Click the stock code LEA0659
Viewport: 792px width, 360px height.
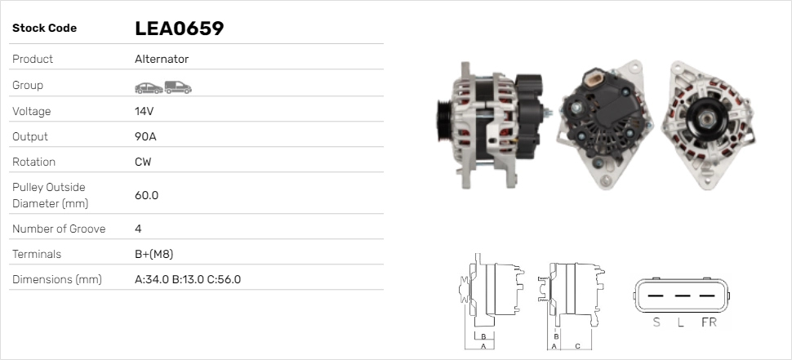coord(180,29)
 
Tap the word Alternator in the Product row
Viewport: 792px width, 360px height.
coord(162,59)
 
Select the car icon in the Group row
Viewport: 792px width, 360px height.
coord(149,88)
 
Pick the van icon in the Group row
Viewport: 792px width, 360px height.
coord(178,87)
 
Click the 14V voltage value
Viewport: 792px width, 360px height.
coord(144,111)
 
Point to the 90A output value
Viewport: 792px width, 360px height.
coord(145,136)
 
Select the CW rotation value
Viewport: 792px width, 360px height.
coord(143,162)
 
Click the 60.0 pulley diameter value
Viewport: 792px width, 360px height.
coord(146,195)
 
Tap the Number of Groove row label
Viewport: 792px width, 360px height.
coord(59,229)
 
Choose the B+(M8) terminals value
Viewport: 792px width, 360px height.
coord(154,254)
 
